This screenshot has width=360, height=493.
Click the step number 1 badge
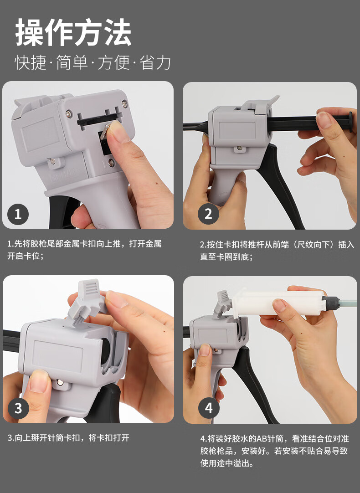tap(18, 215)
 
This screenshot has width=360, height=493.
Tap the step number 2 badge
tap(208, 214)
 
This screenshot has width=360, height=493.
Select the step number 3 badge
tap(18, 408)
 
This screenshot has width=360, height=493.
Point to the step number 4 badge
tap(209, 408)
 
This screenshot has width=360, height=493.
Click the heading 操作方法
tap(73, 32)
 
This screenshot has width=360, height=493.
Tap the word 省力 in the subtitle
tap(155, 62)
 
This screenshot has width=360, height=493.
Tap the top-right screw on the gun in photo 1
tap(124, 103)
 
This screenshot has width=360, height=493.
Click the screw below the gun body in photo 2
tap(239, 148)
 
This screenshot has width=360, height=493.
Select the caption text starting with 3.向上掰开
tap(68, 437)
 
